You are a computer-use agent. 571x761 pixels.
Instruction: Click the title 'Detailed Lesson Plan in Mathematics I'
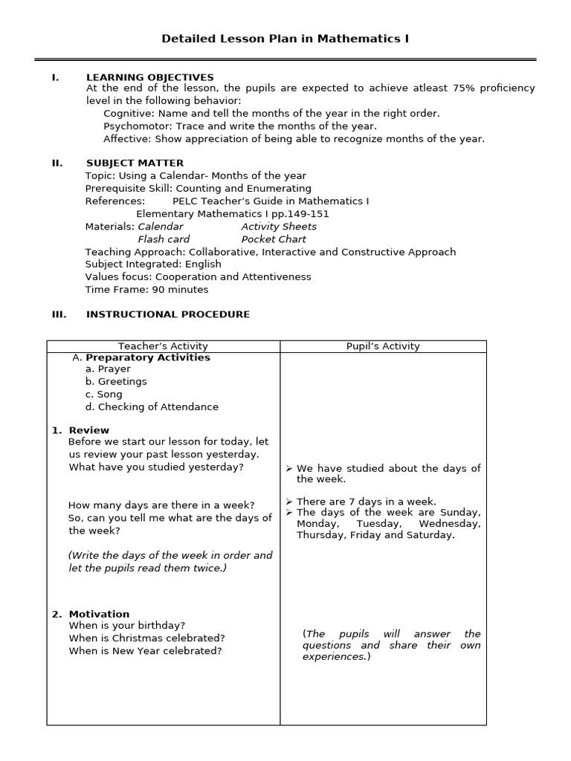coord(285,39)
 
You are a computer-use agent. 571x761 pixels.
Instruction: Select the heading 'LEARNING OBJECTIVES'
coord(149,77)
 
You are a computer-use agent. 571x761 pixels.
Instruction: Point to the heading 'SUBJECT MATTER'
coord(135,163)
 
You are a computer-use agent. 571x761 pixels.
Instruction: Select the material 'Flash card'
coord(164,239)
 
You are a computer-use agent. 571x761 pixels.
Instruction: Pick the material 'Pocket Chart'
coord(274,239)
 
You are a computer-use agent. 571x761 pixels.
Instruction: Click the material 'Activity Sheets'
coord(279,227)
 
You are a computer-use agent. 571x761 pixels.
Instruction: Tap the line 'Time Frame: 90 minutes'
coord(146,290)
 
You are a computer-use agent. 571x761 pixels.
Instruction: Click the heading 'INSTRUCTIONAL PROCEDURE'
coord(168,314)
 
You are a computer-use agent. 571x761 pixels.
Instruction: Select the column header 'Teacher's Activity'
coord(163,346)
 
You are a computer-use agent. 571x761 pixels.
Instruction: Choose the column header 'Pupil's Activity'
coord(383,346)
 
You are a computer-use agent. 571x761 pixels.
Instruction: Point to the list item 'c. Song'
coord(104,395)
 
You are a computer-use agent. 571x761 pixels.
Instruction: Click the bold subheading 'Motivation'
coord(99,614)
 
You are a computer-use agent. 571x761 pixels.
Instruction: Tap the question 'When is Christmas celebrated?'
coord(146,638)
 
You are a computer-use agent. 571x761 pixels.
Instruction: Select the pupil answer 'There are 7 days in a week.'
coord(366,502)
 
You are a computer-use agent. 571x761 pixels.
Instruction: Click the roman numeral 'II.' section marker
coord(57,163)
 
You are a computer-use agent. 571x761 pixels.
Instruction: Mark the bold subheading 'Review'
coord(88,430)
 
